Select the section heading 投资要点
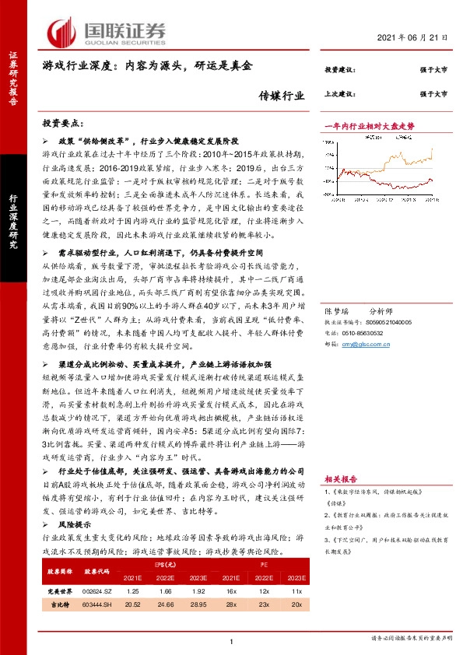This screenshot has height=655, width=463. [x=64, y=124]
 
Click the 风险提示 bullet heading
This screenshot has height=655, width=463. [x=76, y=526]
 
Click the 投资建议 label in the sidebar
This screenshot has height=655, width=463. [x=339, y=71]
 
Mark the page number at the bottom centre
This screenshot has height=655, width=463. [x=232, y=640]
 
